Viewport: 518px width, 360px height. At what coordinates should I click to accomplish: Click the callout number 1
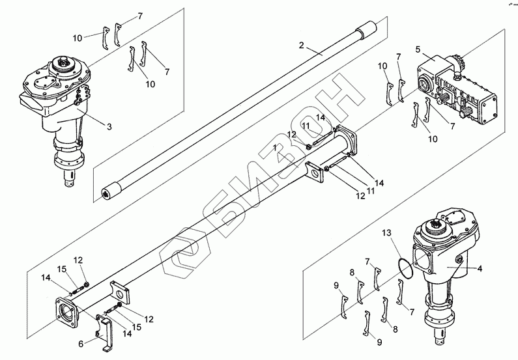pyautogui.click(x=275, y=148)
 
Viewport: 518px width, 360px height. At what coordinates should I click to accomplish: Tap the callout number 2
pyautogui.click(x=301, y=45)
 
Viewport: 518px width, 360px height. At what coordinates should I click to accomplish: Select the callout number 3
pyautogui.click(x=109, y=126)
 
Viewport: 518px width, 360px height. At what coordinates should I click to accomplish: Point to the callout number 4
pyautogui.click(x=480, y=269)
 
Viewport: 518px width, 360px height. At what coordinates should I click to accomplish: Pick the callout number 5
pyautogui.click(x=418, y=50)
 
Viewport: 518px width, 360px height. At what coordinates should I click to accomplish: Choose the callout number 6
pyautogui.click(x=81, y=344)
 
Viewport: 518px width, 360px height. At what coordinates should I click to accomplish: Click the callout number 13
pyautogui.click(x=386, y=233)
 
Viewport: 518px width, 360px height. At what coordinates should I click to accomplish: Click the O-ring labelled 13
pyautogui.click(x=405, y=268)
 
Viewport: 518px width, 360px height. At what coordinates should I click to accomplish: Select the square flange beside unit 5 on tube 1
pyautogui.click(x=346, y=140)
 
